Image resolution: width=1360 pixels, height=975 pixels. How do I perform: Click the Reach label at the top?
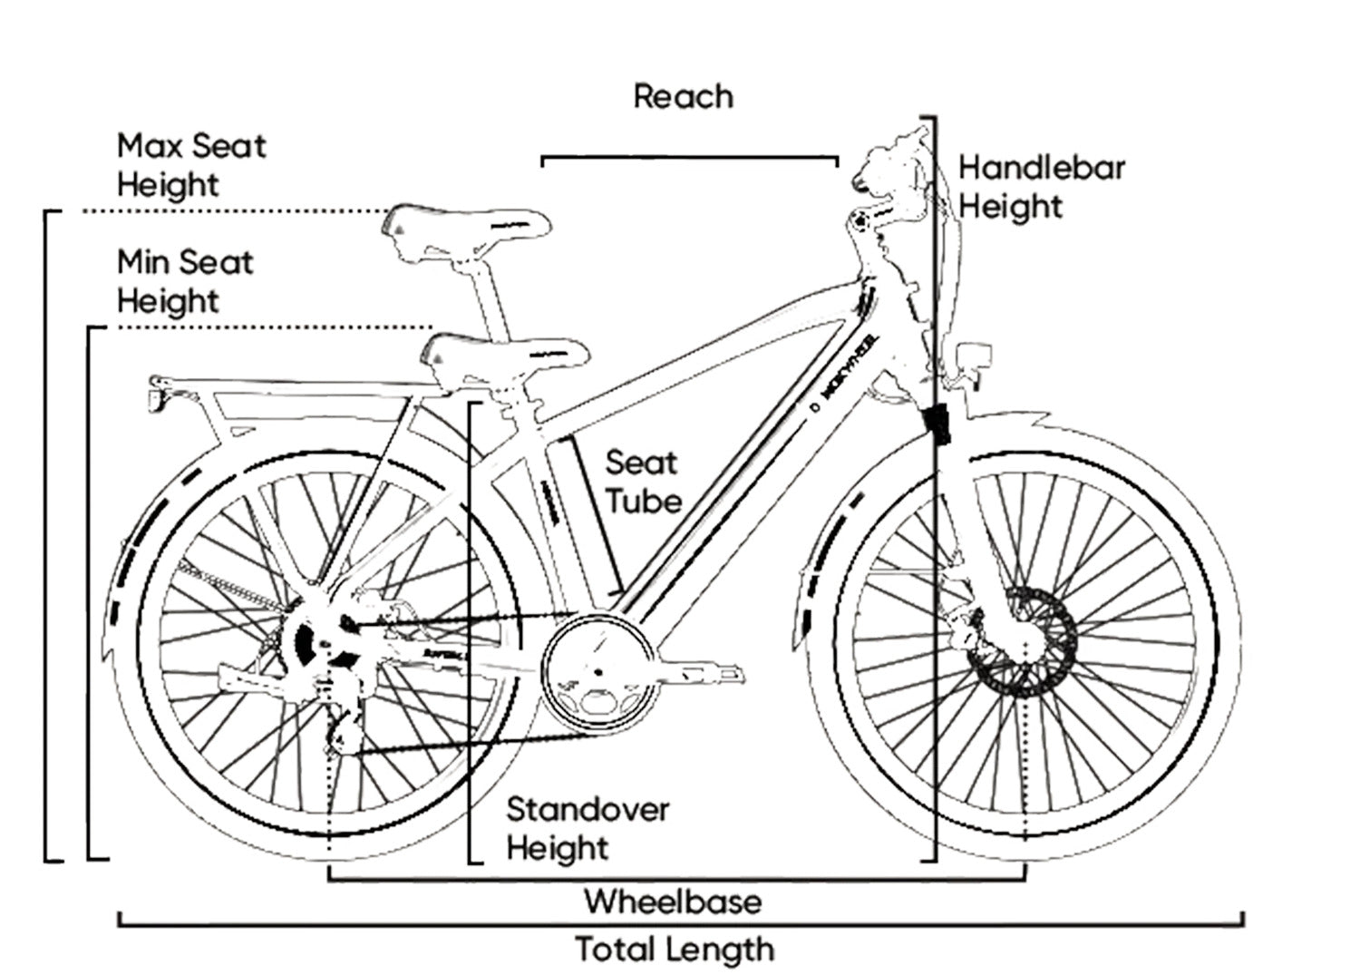pos(683,96)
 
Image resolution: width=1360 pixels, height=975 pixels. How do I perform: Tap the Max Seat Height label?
pos(191,164)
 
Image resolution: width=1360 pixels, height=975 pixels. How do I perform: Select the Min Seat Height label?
pos(185,281)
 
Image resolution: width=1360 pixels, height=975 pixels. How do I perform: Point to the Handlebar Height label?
pos(1042,187)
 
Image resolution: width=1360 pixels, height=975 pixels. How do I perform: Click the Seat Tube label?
pos(643,481)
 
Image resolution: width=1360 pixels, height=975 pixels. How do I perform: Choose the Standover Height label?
pos(587,828)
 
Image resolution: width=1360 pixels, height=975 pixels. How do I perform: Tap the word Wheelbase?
pos(673,902)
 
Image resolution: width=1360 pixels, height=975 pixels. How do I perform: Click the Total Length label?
pos(675,950)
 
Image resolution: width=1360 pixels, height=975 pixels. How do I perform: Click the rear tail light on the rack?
pos(160,397)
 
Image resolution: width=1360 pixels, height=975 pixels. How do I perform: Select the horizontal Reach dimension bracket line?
pos(689,158)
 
